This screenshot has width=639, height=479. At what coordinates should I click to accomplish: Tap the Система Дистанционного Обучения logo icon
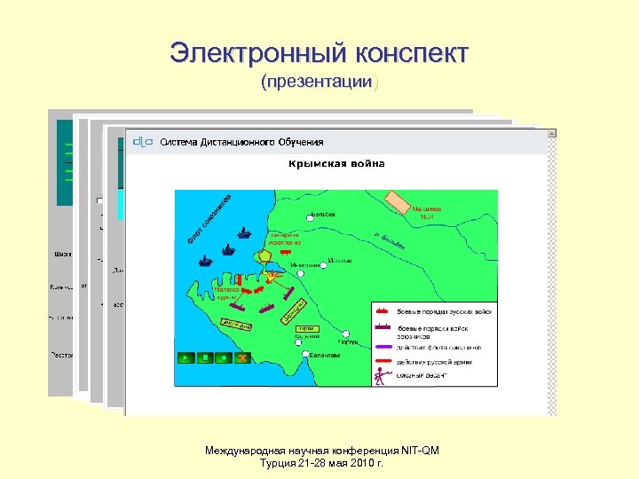(x=142, y=141)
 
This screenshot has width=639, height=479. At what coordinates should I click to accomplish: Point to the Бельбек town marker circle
(x=308, y=216)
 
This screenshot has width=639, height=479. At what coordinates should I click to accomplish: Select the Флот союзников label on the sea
(x=209, y=217)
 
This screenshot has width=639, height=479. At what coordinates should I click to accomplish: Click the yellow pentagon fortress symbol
(x=265, y=257)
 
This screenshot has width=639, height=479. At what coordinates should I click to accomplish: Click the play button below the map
(x=185, y=357)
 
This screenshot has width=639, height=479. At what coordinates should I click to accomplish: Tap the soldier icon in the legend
(x=382, y=376)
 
